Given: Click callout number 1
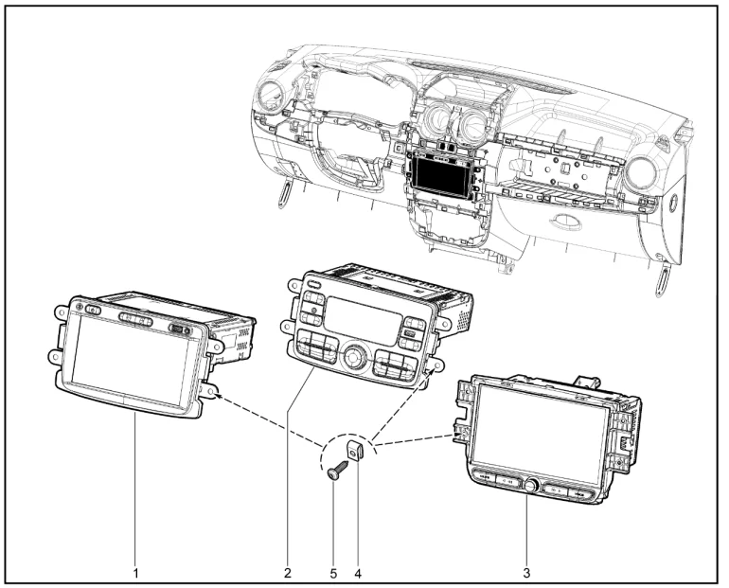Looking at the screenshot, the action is [135, 573].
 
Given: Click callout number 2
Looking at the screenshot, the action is [287, 573].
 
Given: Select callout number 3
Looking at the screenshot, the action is [526, 573].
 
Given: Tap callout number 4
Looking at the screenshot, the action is [358, 574].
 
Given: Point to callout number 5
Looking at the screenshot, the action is [333, 574].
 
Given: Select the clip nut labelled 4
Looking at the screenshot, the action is [355, 451].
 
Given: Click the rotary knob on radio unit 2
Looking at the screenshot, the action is [352, 357].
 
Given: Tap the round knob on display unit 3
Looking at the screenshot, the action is [530, 485].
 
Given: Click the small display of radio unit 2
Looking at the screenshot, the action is [363, 316].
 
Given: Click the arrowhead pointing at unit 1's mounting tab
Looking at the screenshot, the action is [215, 395].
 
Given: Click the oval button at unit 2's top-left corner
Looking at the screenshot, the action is [314, 284].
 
